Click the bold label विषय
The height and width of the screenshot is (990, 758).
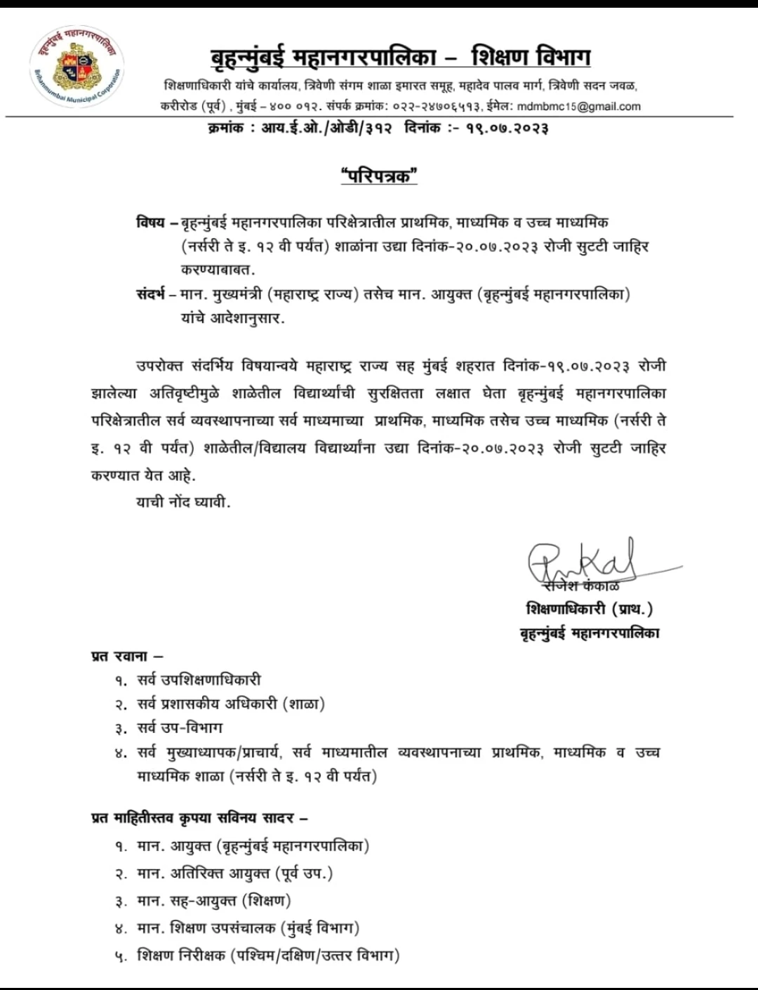pos(150,223)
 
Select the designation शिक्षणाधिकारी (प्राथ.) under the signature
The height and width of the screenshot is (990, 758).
pos(589,609)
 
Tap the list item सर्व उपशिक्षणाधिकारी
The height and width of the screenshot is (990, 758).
pos(199,680)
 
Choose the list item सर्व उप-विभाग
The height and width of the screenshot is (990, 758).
pos(180,727)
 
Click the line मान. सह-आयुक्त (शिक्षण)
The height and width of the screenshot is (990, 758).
pos(213,900)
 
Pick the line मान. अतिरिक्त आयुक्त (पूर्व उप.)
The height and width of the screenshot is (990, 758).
pos(234,873)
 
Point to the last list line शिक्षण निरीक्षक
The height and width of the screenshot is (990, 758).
pos(268,955)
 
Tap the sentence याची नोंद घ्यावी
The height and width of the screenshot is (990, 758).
pos(183,502)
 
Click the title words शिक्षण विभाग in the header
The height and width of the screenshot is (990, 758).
pos(531,57)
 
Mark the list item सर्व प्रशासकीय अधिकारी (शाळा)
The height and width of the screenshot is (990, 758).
pos(231,704)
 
